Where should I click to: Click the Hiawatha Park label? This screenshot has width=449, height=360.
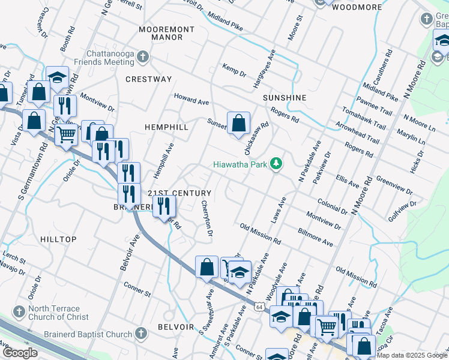240,164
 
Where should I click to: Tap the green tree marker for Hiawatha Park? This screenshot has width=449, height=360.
276,164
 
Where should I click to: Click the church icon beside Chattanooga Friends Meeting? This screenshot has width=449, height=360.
142,58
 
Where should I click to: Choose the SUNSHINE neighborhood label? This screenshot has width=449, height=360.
284,97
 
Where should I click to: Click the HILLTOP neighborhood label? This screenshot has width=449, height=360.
58,239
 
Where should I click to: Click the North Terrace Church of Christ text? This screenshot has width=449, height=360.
58,313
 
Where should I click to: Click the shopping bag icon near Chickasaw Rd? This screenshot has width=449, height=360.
238,123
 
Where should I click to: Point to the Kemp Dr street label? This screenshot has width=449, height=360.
234,70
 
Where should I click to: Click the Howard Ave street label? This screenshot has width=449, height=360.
191,98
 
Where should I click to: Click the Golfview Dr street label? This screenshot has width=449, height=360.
402,211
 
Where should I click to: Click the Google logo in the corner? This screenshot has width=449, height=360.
20,353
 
